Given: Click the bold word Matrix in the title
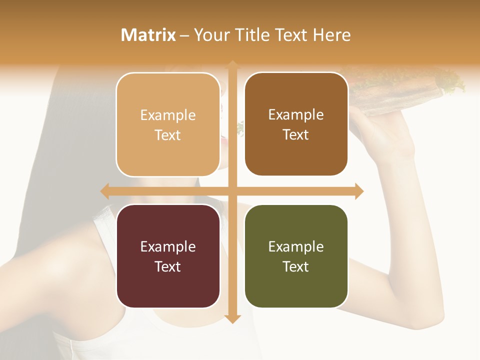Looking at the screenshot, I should click(x=148, y=35).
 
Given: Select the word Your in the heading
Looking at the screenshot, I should click(x=210, y=35).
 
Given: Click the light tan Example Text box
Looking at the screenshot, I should click(x=168, y=124).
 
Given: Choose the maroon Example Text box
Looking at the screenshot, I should click(x=168, y=256).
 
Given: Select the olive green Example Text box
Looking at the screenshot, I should click(x=296, y=256).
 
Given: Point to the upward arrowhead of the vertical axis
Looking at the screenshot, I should click(x=232, y=64).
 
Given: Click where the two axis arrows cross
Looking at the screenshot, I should click(x=232, y=191).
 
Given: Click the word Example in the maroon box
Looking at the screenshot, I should click(x=168, y=246).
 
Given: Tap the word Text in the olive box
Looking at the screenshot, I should click(x=296, y=266).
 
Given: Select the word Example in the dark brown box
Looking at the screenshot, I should click(x=296, y=114).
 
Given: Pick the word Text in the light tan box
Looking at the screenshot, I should click(x=168, y=135).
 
